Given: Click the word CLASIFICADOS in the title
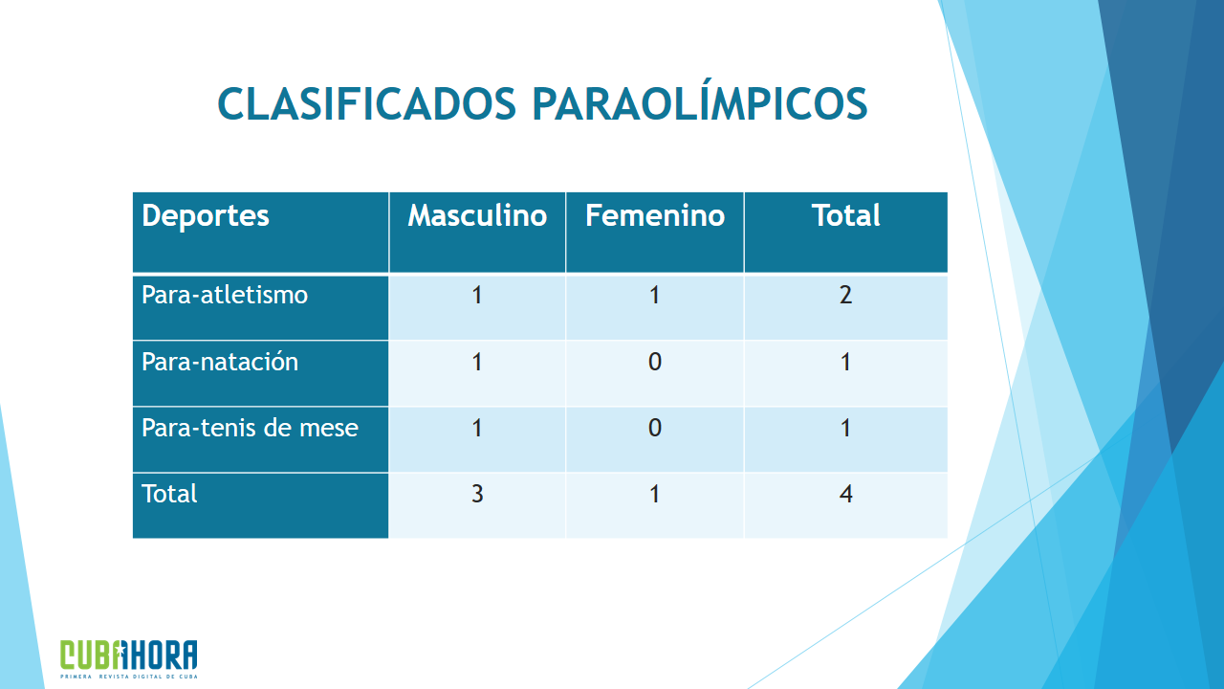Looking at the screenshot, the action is (366, 103).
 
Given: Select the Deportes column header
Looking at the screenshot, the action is (206, 215).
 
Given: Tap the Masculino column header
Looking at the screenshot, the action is (477, 215).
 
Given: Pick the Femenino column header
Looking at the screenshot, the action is (655, 215).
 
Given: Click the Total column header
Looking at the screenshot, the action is (846, 215).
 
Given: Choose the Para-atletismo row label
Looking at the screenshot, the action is (225, 296).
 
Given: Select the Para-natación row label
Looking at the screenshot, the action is (220, 362).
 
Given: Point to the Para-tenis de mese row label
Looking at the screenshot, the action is (250, 428).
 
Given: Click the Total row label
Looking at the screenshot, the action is (169, 494).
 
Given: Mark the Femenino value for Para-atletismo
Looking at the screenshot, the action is (655, 296).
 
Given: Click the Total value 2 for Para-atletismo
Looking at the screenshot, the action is (846, 296).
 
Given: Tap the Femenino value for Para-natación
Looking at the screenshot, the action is (655, 362).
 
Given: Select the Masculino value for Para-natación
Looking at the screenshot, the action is (477, 362).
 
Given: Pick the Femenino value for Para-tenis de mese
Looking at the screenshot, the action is (655, 428).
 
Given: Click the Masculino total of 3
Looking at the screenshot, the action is (477, 494).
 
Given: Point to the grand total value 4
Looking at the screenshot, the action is (846, 494).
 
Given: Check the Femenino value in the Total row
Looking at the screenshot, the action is (655, 494).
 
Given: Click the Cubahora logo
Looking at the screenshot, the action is (129, 659).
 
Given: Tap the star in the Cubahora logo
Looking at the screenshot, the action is (120, 650).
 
